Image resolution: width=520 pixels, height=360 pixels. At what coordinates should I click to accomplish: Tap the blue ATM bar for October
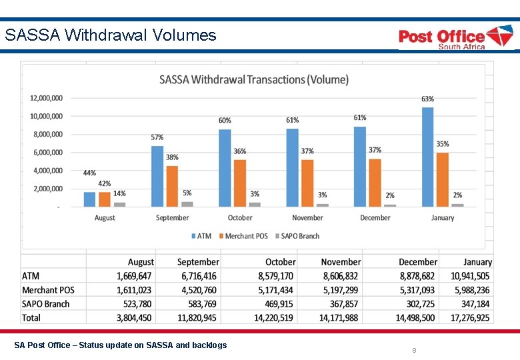(225, 168)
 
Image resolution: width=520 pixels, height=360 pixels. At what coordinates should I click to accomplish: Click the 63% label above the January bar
(427, 99)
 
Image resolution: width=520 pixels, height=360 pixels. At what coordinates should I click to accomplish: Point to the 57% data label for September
(157, 137)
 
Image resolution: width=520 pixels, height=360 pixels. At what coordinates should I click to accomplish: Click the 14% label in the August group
(119, 193)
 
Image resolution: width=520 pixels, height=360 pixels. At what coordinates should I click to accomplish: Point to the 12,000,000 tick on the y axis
(46, 98)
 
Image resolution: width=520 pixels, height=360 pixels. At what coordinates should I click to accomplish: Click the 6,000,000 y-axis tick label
(48, 153)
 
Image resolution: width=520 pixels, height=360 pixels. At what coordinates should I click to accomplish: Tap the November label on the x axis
(307, 218)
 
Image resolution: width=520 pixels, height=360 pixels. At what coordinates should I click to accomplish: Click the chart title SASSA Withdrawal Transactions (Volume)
(253, 80)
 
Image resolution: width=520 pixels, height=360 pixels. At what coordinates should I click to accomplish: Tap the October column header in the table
(280, 262)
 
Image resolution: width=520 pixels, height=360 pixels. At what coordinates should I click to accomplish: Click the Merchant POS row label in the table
(48, 290)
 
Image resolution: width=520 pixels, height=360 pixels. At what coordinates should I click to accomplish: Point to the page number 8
(414, 350)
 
